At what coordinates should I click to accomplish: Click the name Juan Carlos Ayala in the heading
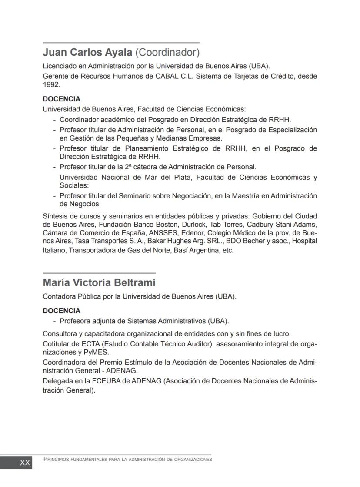pos(87,53)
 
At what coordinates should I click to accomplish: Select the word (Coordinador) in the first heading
pos(167,53)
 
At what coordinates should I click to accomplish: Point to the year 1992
pos(51,85)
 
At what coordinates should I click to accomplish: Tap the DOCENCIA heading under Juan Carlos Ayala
pos(61,99)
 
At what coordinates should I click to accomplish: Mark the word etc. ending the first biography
pos(228,251)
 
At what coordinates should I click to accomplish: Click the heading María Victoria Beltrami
pos(99,283)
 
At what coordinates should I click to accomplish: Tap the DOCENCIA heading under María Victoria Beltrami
pos(61,311)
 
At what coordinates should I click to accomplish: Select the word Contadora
pos(59,297)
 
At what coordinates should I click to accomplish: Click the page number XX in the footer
pos(25,463)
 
